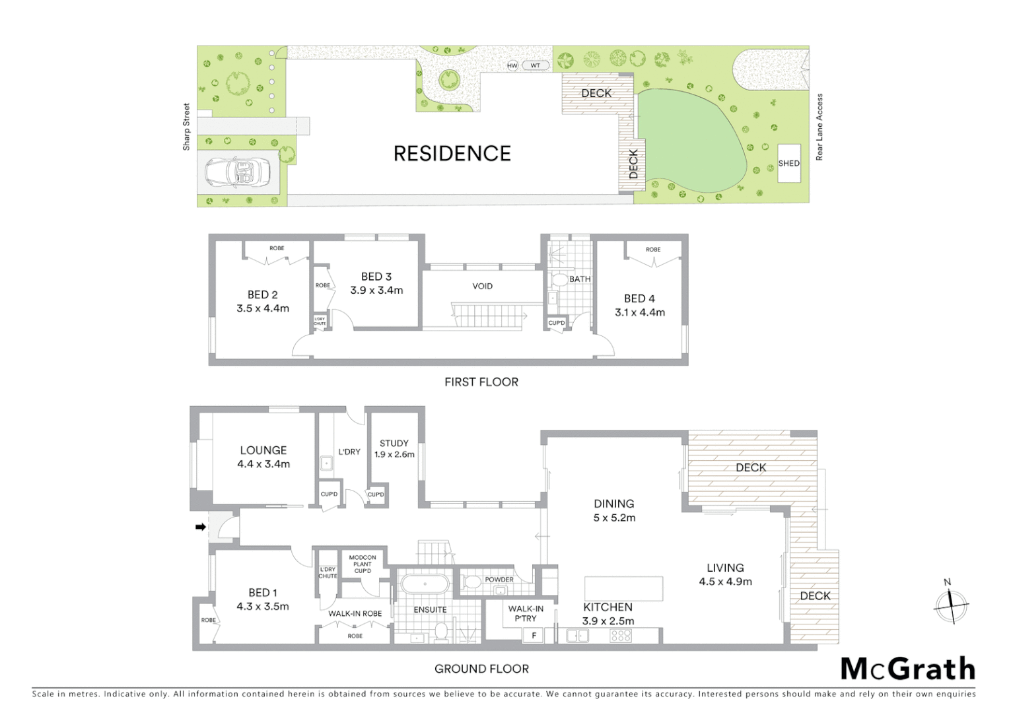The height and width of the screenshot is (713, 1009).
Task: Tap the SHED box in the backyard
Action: [x=788, y=163]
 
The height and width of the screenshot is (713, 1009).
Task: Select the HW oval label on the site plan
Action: [x=512, y=65]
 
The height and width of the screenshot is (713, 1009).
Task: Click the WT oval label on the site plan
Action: [x=535, y=65]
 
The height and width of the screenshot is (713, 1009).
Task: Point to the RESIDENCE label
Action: [x=452, y=154]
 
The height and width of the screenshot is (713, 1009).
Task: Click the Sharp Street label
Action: [x=186, y=127]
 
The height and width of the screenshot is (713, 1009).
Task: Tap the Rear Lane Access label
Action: [x=819, y=127]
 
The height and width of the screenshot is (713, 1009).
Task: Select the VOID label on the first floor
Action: [x=482, y=286]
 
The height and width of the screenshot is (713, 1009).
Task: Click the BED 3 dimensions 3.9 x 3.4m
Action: [x=376, y=290]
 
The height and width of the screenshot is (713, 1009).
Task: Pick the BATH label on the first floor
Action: [x=580, y=279]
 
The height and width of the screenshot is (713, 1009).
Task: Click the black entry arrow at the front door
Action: [x=200, y=527]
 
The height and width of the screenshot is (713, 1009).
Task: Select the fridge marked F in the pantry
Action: [x=534, y=636]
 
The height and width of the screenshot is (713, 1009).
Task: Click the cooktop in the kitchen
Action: [x=621, y=635]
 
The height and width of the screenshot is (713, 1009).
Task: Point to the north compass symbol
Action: [x=951, y=604]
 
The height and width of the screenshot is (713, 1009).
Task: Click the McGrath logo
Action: [x=908, y=669]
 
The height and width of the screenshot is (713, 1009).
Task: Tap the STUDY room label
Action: [x=394, y=443]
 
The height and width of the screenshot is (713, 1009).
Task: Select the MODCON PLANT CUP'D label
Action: [x=363, y=564]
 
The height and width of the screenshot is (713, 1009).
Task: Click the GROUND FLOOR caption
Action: [x=481, y=669]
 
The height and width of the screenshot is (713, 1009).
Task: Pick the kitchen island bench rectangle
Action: [x=624, y=588]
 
